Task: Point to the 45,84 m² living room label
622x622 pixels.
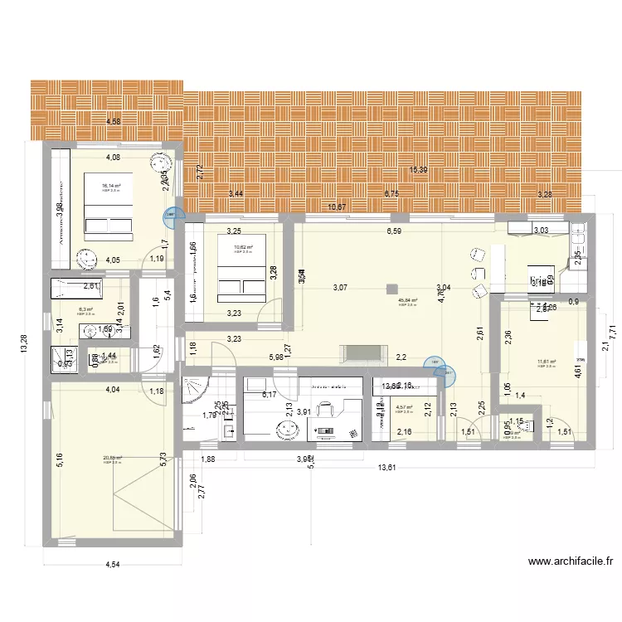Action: [x=407, y=301]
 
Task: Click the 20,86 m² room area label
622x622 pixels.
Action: [x=113, y=459]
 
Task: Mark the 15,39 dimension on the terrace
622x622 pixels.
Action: [x=420, y=170]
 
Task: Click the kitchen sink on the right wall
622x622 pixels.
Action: [x=580, y=241]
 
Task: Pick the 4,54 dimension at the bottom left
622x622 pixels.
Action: [x=111, y=566]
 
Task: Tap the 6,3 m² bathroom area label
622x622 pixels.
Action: [x=86, y=309]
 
